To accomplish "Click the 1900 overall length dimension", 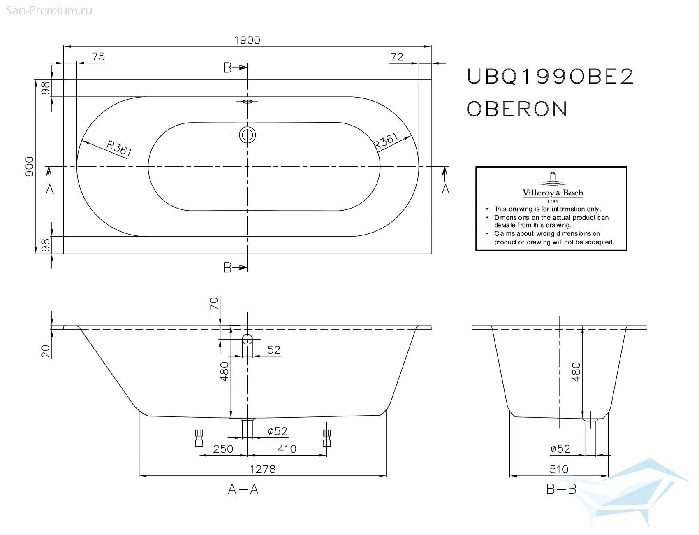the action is click(247, 40).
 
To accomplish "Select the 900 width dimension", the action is click(30, 166).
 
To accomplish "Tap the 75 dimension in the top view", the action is click(98, 56).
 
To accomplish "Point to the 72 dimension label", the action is click(397, 57).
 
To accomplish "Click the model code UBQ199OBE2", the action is click(550, 77).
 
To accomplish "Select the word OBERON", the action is click(517, 109).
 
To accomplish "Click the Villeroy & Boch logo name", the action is click(553, 193).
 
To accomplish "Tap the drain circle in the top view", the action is click(247, 135).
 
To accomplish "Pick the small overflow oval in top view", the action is click(247, 101).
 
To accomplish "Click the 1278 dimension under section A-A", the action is click(263, 469).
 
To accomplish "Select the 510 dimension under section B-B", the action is click(559, 469).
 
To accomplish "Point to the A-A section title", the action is click(243, 489).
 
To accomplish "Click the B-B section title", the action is click(561, 489).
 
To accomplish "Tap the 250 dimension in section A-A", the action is click(223, 449).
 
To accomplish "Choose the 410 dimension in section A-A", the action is click(287, 449).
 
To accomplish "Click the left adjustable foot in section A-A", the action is click(199, 438).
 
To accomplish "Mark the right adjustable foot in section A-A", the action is click(327, 438).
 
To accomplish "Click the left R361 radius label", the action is click(119, 148).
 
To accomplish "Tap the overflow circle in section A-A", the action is click(247, 339).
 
